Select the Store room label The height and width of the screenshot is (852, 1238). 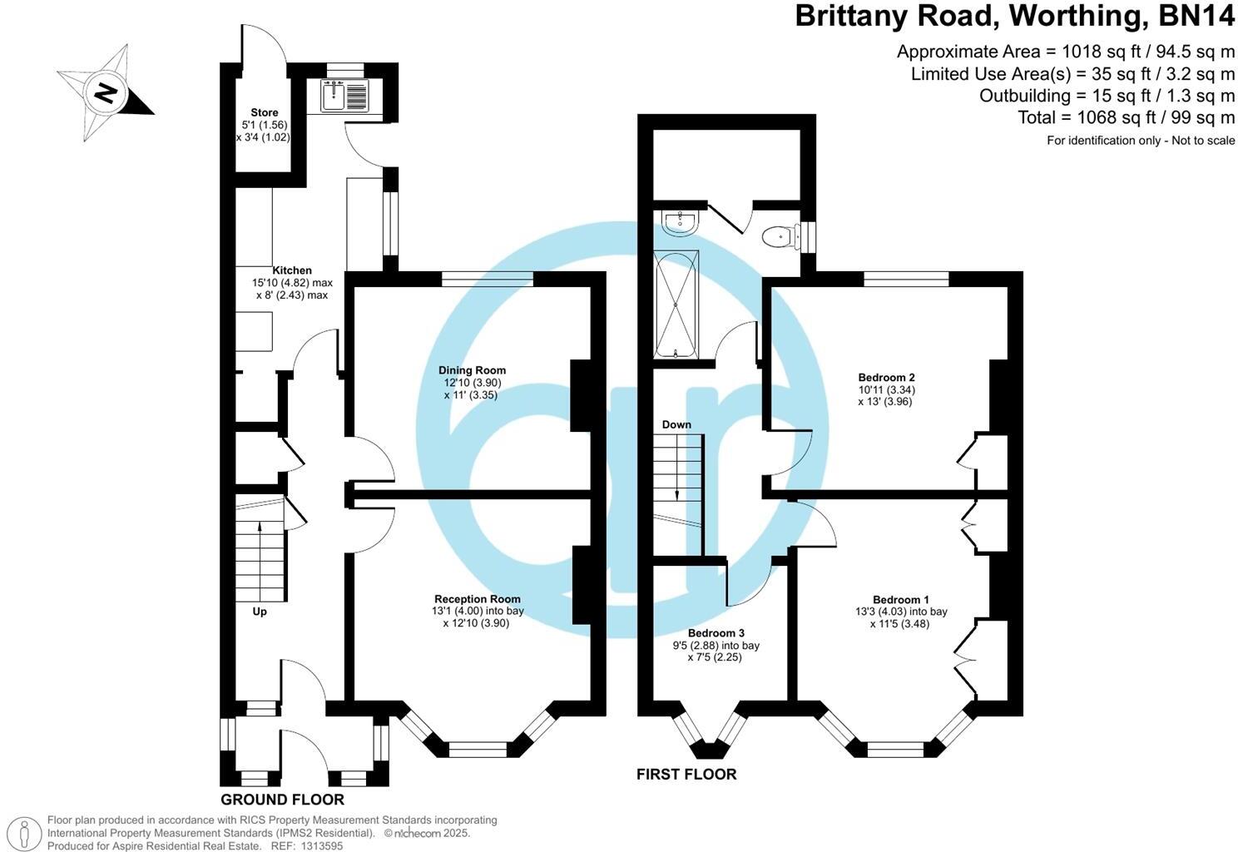pyautogui.click(x=264, y=112)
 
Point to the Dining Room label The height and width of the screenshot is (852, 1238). pyautogui.click(x=472, y=370)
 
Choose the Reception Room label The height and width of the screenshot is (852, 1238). pyautogui.click(x=477, y=599)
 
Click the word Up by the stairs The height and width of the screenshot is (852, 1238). pyautogui.click(x=260, y=612)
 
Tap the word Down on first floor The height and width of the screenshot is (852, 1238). pyautogui.click(x=676, y=424)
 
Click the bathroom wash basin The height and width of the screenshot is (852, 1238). pyautogui.click(x=680, y=221)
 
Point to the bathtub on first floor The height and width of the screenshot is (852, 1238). pyautogui.click(x=675, y=304)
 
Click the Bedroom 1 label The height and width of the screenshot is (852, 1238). pyautogui.click(x=900, y=600)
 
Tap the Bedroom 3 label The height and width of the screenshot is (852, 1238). pyautogui.click(x=716, y=633)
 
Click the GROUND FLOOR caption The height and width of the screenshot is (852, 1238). pyautogui.click(x=282, y=800)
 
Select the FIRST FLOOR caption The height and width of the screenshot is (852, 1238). pyautogui.click(x=686, y=775)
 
